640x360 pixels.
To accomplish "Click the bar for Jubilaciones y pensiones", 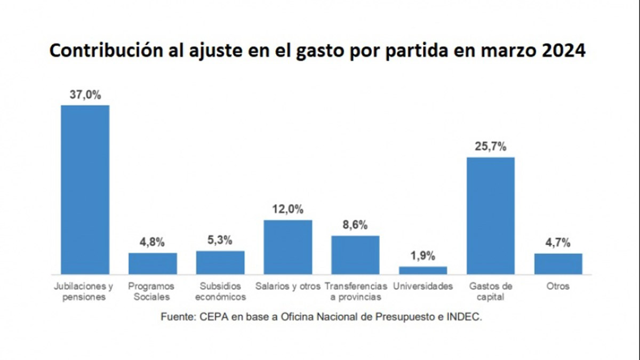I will pos(85,189).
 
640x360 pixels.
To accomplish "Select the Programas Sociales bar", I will pos(153,263).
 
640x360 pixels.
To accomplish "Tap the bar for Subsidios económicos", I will pos(220,262).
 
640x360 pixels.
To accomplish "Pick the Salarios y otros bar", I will pos(288,247).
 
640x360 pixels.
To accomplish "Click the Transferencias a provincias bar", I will pos(355,255).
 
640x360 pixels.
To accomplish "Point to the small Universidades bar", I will pos(423,270).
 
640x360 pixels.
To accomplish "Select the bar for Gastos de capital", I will pos(491,215).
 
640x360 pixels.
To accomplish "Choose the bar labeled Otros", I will pos(558,263).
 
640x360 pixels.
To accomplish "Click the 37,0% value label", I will pos(85,95).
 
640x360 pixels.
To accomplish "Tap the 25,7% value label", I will pos(491,147).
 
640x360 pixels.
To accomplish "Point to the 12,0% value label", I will pos(288,210).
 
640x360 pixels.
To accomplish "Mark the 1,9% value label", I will pos(423,257).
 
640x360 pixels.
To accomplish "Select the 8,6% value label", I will pos(355,225).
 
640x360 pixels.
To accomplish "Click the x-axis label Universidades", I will pos(423,286).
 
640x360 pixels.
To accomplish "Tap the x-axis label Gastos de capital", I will pos(491,291).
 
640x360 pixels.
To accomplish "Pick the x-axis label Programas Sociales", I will pos(153,291).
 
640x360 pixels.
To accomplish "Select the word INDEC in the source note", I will pos(467,317).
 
